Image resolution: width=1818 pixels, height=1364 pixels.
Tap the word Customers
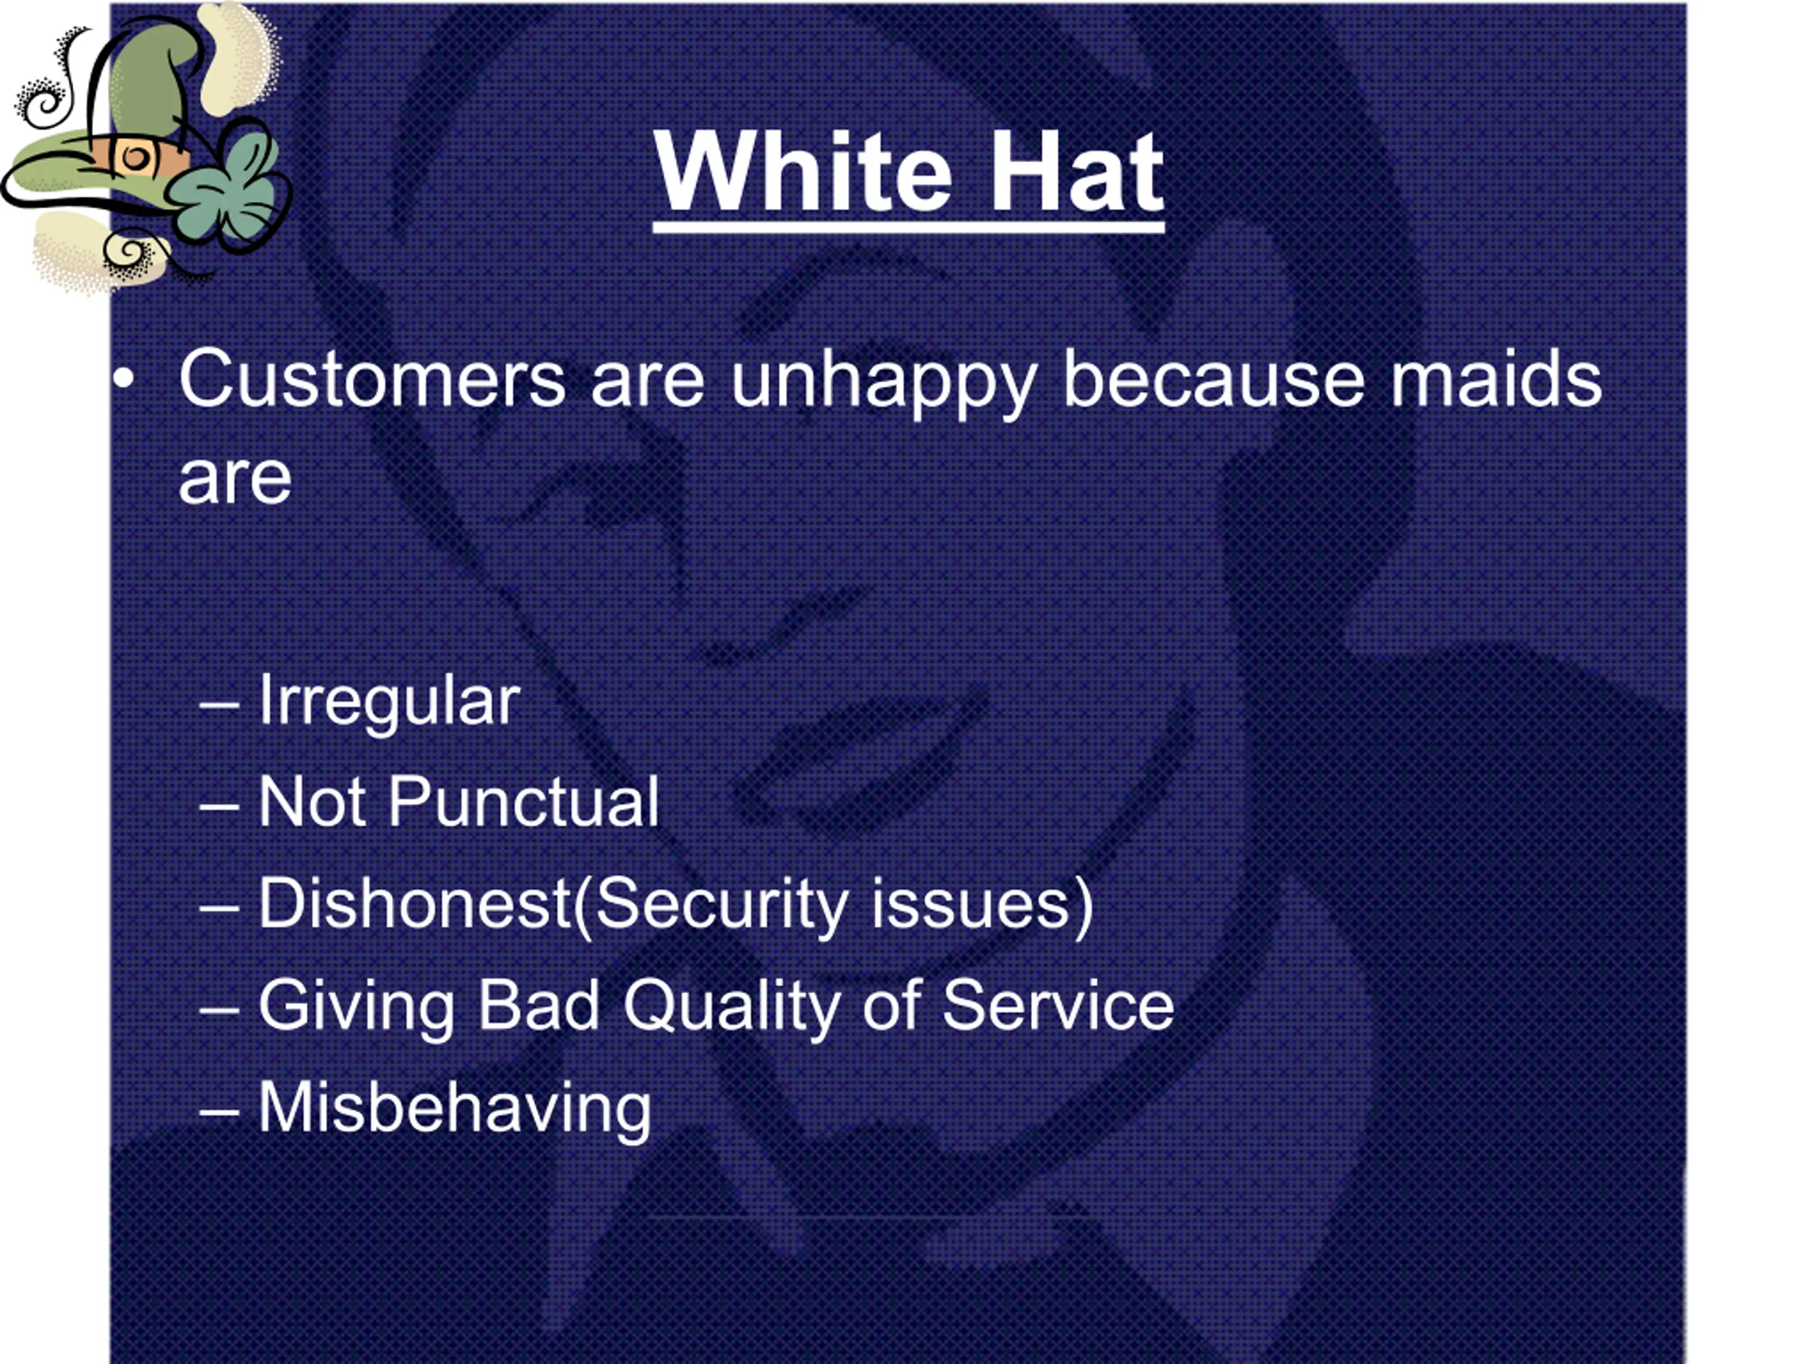coord(372,379)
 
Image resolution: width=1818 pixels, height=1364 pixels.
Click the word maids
coord(1496,379)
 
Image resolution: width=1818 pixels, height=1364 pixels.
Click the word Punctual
coord(523,801)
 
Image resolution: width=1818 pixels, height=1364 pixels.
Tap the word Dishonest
coord(415,904)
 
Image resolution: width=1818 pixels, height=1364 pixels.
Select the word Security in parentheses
coord(720,907)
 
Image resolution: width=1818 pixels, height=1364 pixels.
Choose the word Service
coord(1059,1005)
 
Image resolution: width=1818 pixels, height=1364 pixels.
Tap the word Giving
coord(356,1008)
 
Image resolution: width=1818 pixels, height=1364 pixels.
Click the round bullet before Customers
coord(124,381)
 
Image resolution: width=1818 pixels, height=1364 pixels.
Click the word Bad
coord(538,1005)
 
